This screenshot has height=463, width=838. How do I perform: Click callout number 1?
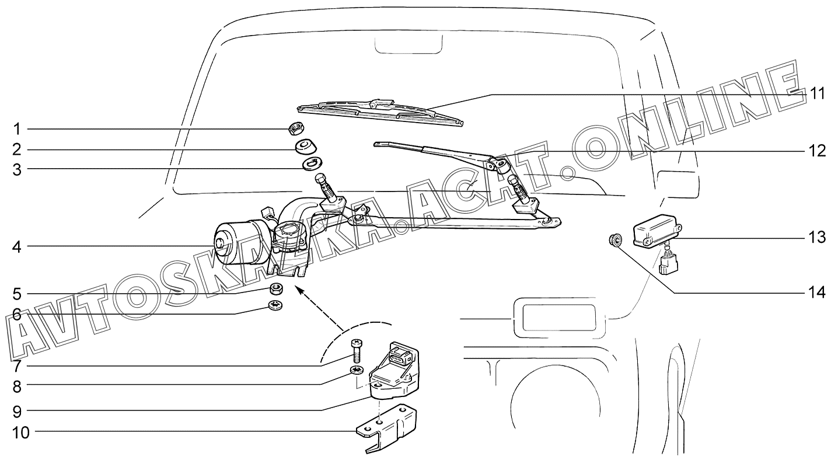16,129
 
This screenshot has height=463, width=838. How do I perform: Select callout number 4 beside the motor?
17,246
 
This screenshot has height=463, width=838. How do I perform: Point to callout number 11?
818,93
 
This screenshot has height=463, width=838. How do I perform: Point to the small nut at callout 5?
277,290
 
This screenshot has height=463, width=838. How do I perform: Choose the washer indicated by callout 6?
275,305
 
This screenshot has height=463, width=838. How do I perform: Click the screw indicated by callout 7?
357,351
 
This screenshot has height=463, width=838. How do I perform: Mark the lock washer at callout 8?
357,370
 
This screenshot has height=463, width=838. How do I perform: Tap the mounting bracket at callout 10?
386,427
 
